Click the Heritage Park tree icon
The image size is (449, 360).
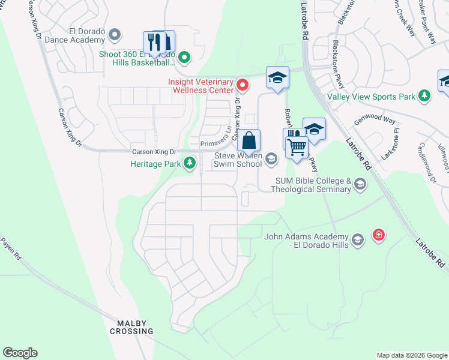coord(190,163)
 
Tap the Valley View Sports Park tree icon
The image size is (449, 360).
coord(424,96)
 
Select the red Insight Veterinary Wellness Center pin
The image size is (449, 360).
coord(243,83)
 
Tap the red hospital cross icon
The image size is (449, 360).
coord(379,234)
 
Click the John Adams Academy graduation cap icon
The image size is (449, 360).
coord(358,241)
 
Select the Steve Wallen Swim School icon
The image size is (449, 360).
coord(271,158)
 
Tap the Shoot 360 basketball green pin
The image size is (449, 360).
coord(184,58)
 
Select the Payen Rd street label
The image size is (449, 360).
coord(11,248)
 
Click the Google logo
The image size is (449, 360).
coord(20,353)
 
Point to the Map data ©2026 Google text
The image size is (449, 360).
coord(412,355)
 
